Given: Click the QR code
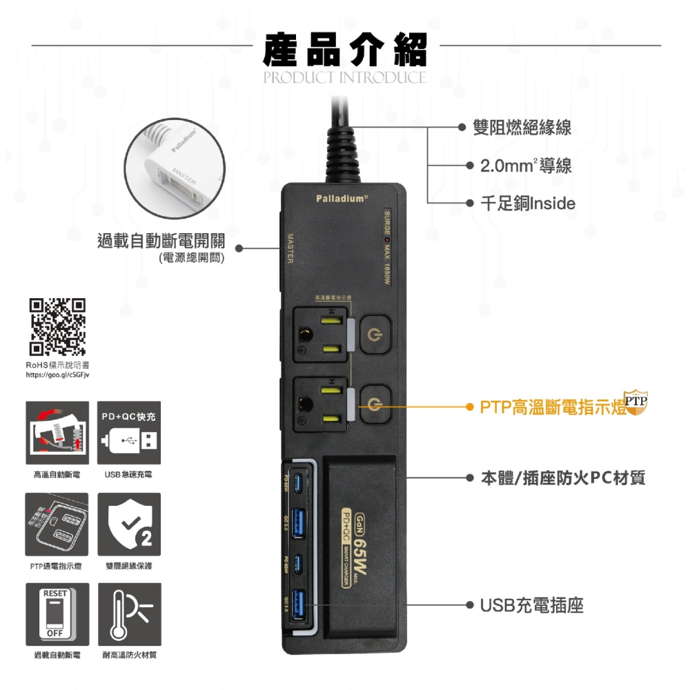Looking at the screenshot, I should pos(57,326).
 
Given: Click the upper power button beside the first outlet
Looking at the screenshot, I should pos(375,333).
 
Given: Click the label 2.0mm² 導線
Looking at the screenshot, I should pos(526,166).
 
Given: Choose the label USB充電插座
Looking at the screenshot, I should pos(532,606).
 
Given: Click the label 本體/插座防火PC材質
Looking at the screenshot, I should pos(562,477).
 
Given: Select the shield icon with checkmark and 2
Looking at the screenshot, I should pos(129,524).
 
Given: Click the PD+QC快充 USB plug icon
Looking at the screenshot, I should pos(129,433).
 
